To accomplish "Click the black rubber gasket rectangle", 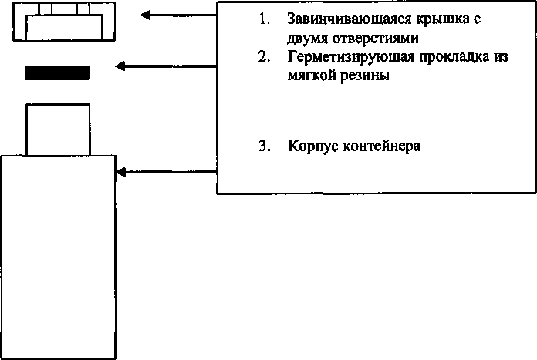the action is (58, 72).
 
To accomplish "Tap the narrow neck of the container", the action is (58, 130).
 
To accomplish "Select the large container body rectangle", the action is (58, 257).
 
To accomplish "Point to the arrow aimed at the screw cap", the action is (178, 15).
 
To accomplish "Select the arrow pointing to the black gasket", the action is (166, 66).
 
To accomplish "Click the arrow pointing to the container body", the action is (167, 172).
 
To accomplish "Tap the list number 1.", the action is (264, 19).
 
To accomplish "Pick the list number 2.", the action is (264, 57).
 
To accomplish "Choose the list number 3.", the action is (265, 146).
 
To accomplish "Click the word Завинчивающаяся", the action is (350, 19).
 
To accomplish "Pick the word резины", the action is (365, 76).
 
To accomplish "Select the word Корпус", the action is (313, 146).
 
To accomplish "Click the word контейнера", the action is (381, 146).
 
